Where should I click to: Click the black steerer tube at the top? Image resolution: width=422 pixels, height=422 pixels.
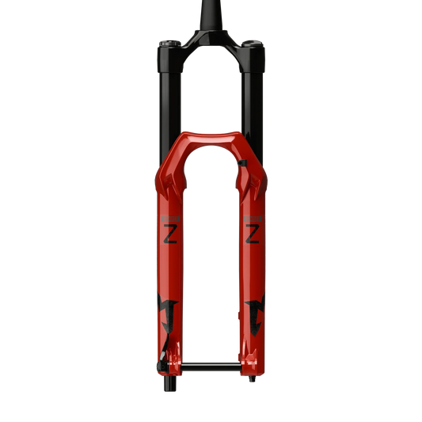[x=211, y=16]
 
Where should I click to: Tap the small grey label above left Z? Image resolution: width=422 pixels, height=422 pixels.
[x=169, y=215]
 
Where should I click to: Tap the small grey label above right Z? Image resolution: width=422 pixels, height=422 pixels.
[x=253, y=215]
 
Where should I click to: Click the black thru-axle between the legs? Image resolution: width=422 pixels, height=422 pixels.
[x=211, y=366]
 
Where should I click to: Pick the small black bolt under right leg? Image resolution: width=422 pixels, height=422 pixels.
[x=253, y=381]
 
